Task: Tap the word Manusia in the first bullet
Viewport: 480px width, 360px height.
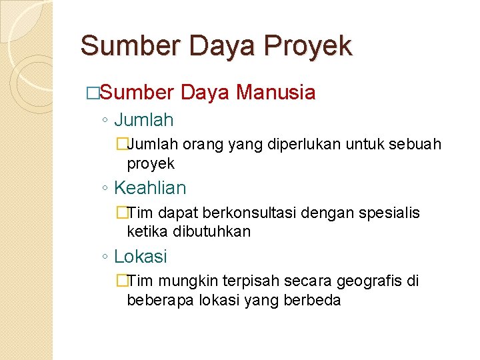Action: pos(275,92)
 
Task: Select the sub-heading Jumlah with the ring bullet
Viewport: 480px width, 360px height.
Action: pos(143,121)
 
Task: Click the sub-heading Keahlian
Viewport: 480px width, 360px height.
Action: pos(150,189)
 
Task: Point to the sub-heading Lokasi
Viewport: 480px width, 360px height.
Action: pos(141,257)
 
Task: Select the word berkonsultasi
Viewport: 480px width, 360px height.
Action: pos(243,213)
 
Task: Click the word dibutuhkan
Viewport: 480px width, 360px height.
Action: pos(212,232)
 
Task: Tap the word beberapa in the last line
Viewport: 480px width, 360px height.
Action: pos(157,300)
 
